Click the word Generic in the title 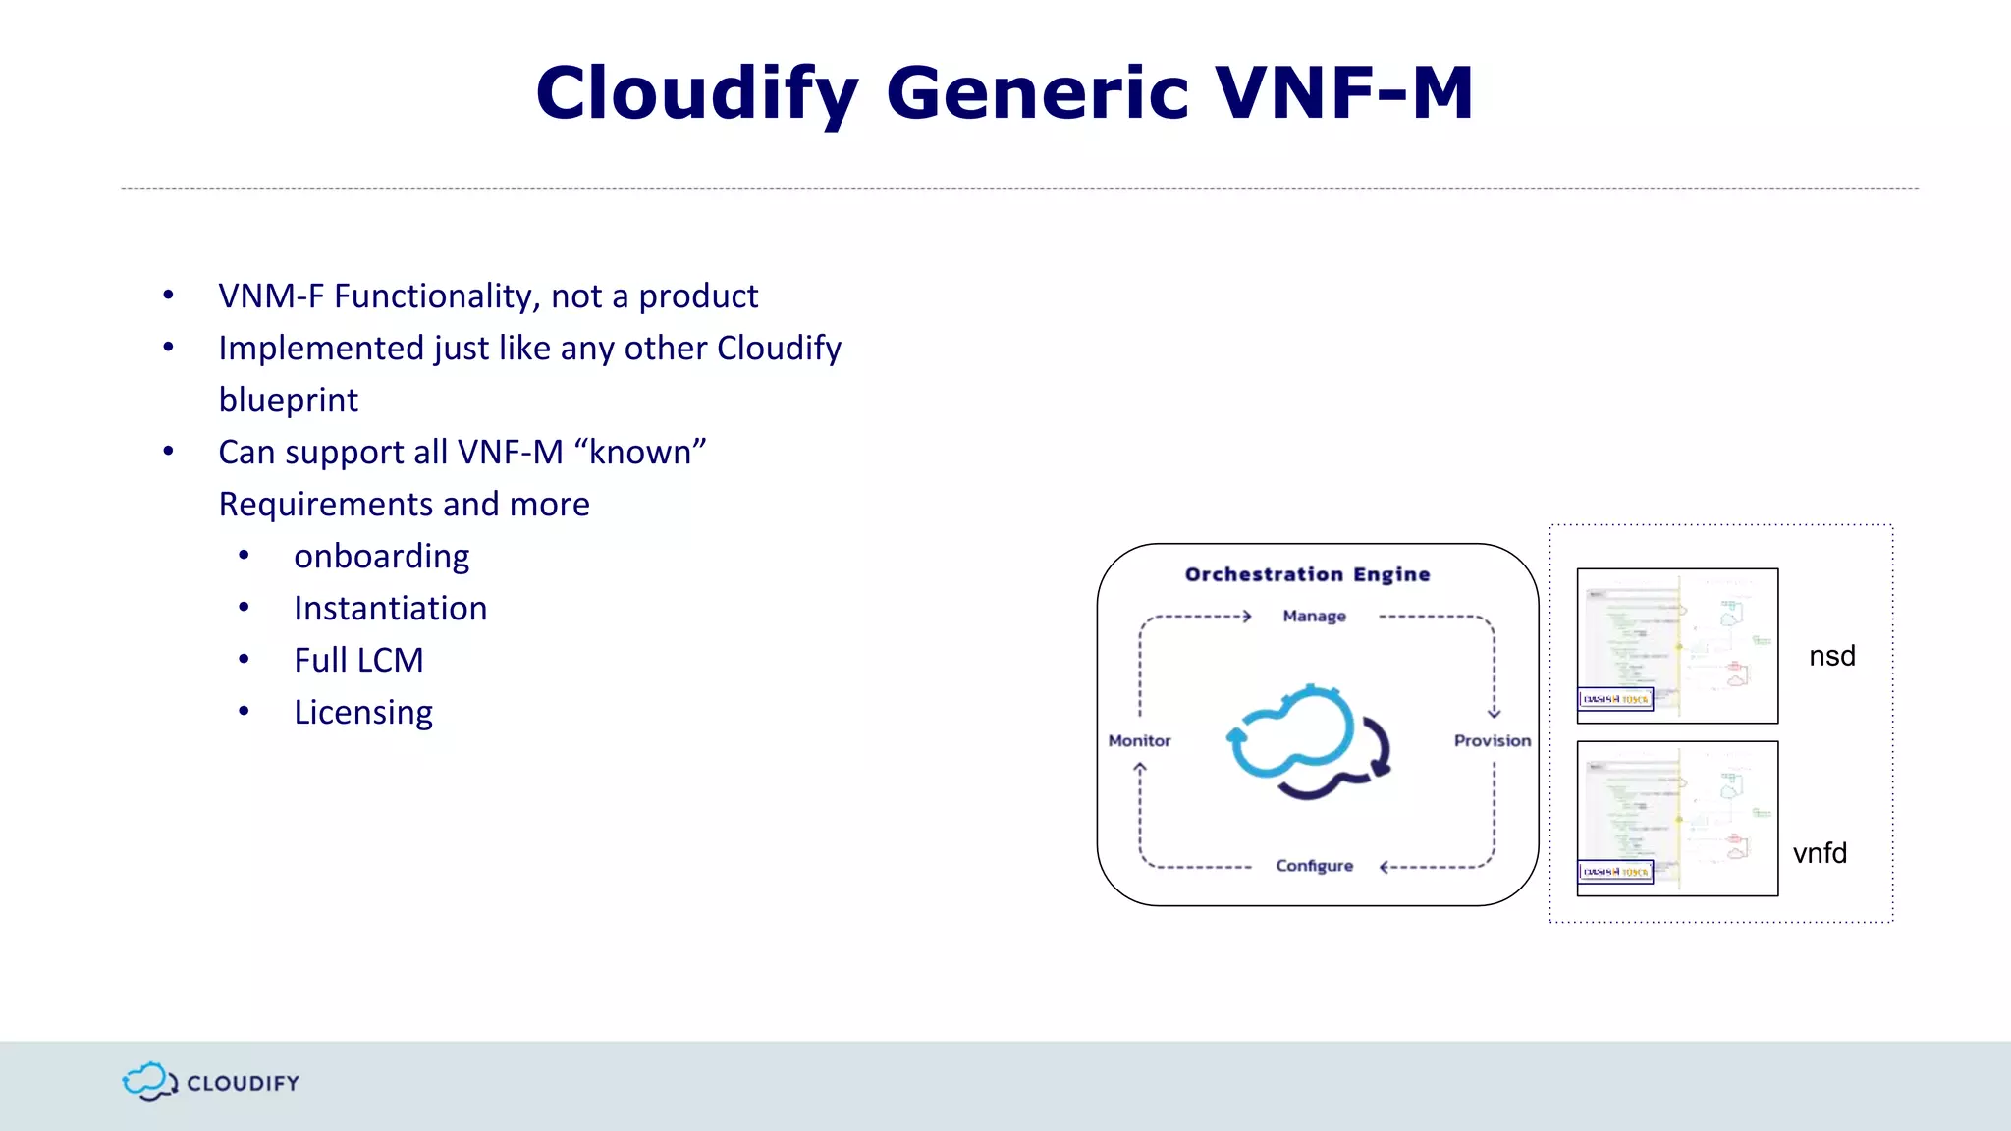coord(1037,93)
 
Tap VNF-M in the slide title coord(1344,93)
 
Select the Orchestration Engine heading coord(1307,574)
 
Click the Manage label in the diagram coord(1314,617)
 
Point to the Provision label coord(1492,741)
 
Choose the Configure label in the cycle coord(1314,866)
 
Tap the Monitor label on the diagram coord(1139,741)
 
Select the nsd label coord(1831,656)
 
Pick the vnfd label coord(1820,853)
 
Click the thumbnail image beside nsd coord(1676,645)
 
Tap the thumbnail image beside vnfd coord(1676,818)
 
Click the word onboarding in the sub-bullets coord(381,557)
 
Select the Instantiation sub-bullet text coord(390,609)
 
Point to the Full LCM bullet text coord(358,661)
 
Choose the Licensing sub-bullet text coord(363,713)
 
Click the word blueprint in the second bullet coord(288,401)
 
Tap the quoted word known coord(640,453)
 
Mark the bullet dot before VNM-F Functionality coord(169,295)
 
